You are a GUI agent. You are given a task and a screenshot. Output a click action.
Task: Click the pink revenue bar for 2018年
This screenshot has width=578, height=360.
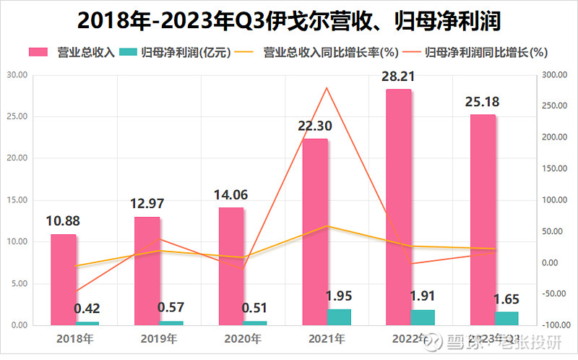pos(64,279)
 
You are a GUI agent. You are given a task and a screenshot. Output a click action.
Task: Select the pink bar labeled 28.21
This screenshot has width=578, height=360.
pos(399,207)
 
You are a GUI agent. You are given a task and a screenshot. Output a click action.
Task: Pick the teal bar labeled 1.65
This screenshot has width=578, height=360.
pos(506,318)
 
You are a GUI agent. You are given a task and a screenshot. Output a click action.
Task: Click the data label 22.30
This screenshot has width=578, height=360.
pos(315,127)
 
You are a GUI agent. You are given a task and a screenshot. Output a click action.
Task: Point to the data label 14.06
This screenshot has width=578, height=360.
pos(231,194)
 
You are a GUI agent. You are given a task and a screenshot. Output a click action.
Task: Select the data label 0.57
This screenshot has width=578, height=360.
pos(171,308)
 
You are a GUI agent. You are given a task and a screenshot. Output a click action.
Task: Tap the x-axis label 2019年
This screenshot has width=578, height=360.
pos(158,338)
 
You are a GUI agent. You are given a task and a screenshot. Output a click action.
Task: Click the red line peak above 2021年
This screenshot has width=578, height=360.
pos(327,88)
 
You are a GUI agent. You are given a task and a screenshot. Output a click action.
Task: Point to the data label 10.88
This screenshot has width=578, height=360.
pos(64,221)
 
